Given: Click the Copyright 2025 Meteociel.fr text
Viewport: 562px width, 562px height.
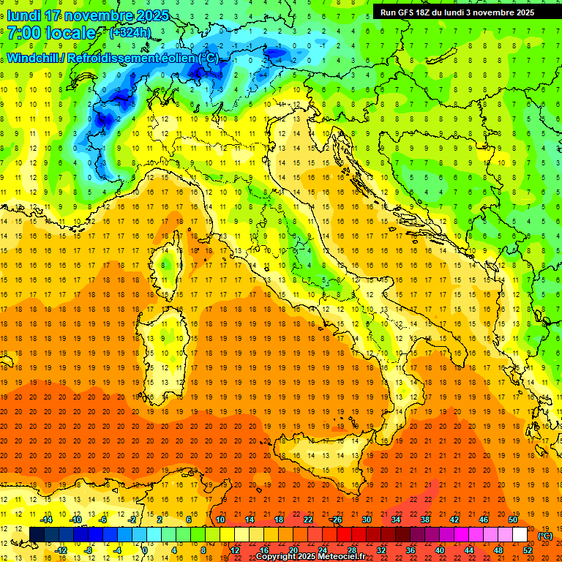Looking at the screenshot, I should click(310, 556).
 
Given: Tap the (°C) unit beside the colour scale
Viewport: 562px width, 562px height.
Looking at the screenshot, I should click(545, 535).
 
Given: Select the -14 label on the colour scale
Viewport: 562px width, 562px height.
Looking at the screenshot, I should click(47, 520).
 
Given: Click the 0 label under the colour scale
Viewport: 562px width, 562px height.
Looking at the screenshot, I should click(145, 550).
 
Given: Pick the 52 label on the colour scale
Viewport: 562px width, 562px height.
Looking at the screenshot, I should click(528, 550).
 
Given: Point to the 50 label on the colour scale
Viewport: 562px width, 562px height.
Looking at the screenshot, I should click(513, 520).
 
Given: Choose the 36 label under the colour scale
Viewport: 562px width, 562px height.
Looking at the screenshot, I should click(410, 550).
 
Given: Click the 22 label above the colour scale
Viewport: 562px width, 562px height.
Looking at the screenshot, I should click(307, 520).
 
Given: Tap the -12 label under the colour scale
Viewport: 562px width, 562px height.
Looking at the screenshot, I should click(61, 550).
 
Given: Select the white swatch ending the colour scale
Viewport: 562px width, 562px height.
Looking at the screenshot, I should click(520, 534).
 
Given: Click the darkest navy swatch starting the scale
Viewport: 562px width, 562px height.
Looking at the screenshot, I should click(37, 534).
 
